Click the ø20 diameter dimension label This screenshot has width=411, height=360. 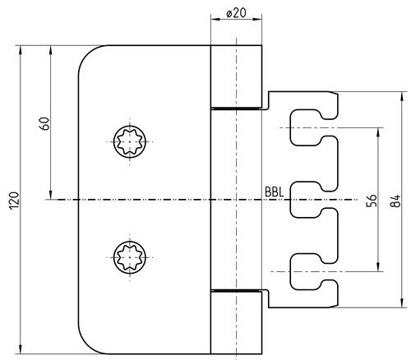(x=236, y=12)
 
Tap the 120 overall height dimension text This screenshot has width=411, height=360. (x=14, y=201)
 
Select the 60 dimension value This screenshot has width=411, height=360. (x=44, y=123)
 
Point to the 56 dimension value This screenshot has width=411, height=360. (x=372, y=201)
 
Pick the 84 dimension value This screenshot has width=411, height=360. (x=395, y=201)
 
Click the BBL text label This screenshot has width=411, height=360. (x=274, y=192)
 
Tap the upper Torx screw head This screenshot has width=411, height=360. (x=130, y=141)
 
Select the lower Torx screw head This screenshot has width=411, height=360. (x=130, y=257)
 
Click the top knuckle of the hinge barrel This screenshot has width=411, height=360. (x=236, y=76)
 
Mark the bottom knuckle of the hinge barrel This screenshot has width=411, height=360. (x=236, y=323)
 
